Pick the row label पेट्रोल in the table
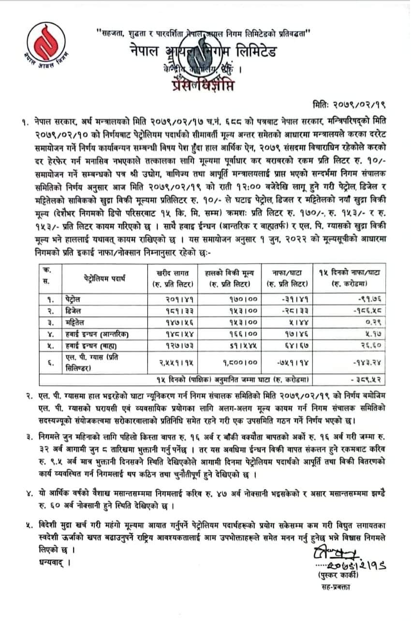click(x=74, y=299)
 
